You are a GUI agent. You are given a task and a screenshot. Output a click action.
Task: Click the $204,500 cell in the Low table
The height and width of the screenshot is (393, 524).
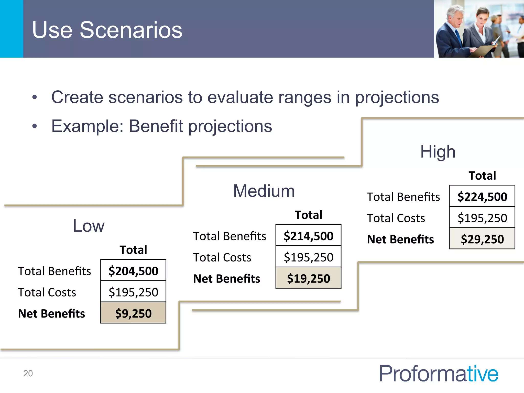tap(133, 271)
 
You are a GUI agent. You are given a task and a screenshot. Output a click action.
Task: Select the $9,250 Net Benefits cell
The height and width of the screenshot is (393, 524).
tap(133, 313)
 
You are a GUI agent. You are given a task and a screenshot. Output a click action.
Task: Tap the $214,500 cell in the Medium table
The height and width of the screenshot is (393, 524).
tap(308, 236)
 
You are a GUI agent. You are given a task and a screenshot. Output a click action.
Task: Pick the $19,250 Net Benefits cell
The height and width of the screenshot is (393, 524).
tap(308, 278)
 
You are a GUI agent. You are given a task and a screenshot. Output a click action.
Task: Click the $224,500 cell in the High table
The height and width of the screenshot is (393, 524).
tap(482, 196)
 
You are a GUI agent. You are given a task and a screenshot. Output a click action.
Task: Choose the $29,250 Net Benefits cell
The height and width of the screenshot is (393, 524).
tap(482, 239)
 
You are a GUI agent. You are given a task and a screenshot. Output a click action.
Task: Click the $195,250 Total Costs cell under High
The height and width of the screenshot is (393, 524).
tap(482, 218)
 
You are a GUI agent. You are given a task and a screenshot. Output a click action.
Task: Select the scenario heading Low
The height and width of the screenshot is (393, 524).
tap(89, 226)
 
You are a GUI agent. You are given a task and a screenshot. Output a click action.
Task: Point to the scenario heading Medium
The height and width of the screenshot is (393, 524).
tap(264, 191)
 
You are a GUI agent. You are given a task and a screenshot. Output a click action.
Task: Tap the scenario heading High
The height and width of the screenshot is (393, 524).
tap(438, 151)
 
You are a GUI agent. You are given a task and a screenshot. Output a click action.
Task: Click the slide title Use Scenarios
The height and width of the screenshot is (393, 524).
tap(107, 30)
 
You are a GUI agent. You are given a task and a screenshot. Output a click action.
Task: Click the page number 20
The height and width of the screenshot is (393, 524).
tap(28, 373)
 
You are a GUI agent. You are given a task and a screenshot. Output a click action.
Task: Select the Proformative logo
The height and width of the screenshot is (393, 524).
tap(439, 374)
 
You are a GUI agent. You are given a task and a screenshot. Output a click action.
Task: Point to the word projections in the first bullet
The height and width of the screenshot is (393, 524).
tap(397, 98)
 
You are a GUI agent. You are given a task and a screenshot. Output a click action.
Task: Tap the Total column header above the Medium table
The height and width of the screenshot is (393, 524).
tap(308, 215)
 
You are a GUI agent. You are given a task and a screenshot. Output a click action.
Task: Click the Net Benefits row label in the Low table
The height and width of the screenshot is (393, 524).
tap(51, 313)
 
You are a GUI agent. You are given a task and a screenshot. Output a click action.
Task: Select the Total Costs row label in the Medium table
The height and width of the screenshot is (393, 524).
tap(222, 257)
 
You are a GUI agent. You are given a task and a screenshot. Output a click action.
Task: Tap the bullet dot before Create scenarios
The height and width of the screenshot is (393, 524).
tap(35, 97)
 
